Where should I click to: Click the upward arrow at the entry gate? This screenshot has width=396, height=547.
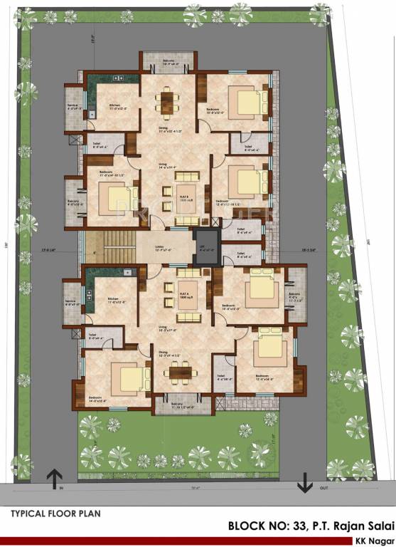[55, 479]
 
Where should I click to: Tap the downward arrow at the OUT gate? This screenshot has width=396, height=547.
[305, 483]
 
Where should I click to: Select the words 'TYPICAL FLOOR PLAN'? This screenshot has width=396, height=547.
[55, 513]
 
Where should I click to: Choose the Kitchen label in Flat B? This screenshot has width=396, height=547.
[115, 107]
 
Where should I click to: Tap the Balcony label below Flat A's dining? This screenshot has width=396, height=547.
[182, 406]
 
